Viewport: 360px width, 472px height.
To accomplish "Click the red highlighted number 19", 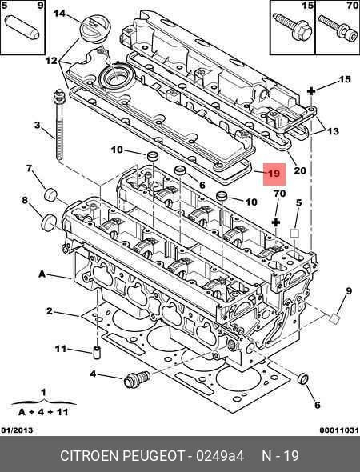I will [x=273, y=174].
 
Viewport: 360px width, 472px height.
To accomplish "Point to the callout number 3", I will [x=37, y=126].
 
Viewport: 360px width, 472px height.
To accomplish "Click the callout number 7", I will [x=30, y=169].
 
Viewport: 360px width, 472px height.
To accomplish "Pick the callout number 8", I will [x=25, y=200].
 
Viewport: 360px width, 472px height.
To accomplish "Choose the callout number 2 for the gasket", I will [x=49, y=311].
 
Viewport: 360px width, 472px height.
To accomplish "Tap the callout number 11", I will [x=60, y=349].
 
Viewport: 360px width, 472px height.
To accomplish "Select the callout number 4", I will [x=94, y=374].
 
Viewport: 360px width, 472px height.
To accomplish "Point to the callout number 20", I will [x=299, y=170].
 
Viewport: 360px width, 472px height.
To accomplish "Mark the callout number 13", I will [x=333, y=131].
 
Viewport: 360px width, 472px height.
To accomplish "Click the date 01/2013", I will [x=18, y=431].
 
